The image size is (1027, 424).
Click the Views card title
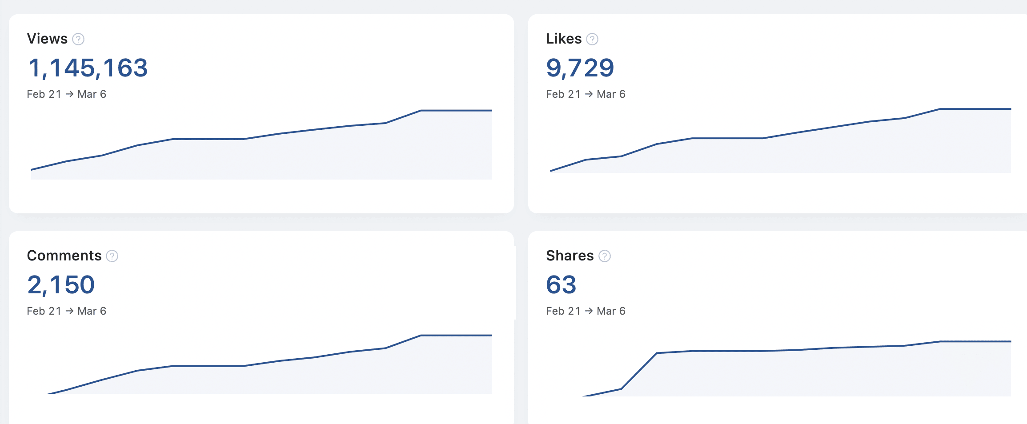pos(47,39)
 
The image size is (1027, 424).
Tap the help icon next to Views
pos(78,40)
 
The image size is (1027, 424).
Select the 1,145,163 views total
pos(88,68)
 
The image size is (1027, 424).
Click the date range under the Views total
pos(66,94)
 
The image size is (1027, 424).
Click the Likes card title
pos(563,39)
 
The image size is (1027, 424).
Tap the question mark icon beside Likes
pos(592,40)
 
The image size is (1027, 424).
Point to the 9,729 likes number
pos(580,68)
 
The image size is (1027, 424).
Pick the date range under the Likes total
pos(586,94)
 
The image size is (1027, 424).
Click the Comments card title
pos(64,256)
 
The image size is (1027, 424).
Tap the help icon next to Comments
pos(112,256)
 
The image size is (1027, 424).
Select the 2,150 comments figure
pos(61,285)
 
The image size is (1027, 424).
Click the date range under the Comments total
pos(66,311)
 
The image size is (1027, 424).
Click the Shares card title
pos(570,256)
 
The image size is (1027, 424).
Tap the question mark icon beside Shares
pos(605,256)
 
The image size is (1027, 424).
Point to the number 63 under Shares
pos(561,285)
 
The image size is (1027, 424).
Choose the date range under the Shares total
pos(586,311)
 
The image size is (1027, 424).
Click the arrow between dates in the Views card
pos(69,94)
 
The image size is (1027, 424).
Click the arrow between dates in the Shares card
pos(589,311)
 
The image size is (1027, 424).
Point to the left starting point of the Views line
pos(32,169)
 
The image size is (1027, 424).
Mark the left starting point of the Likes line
pos(551,171)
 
